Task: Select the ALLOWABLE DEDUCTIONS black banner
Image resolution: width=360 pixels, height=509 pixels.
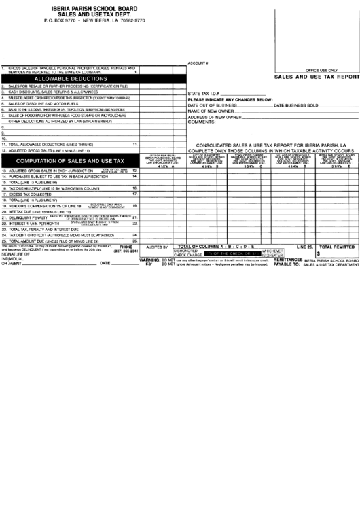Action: [74, 80]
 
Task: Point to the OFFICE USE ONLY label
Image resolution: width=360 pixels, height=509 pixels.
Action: [321, 70]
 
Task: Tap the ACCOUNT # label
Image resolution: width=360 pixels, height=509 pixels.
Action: [197, 63]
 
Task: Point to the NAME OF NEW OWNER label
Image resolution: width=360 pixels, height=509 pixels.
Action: [211, 111]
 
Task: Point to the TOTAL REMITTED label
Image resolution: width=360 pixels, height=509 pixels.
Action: [336, 245]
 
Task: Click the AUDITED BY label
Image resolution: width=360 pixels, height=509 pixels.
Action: [156, 249]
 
